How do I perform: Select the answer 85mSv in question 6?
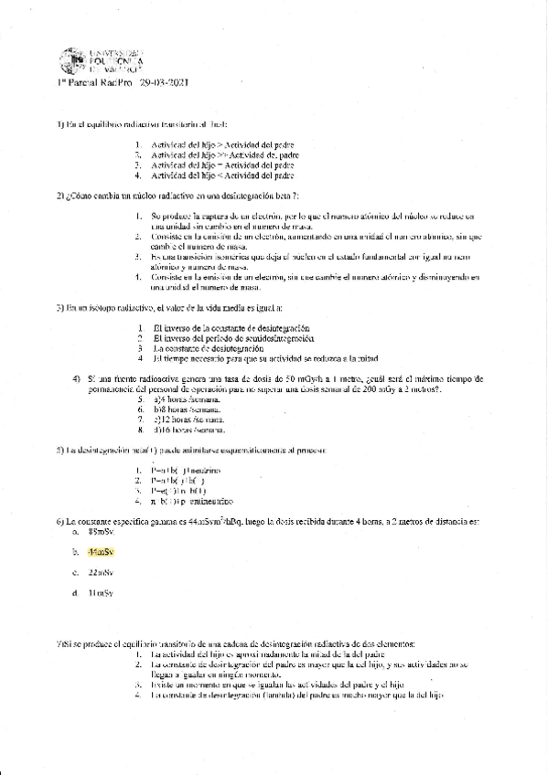(x=100, y=531)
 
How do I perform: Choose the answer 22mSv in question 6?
(x=100, y=573)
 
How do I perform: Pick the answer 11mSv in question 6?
(x=100, y=593)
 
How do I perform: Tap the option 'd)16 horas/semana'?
(x=190, y=430)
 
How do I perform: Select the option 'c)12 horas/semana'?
(x=190, y=419)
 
